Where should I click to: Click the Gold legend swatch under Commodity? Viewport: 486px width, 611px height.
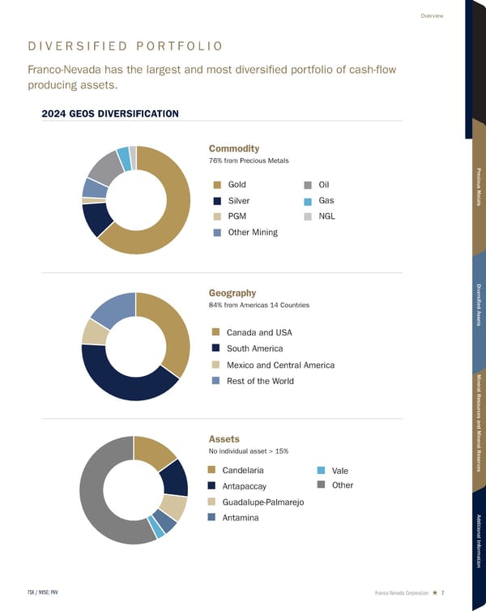(217, 185)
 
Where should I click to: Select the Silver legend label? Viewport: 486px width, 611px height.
(239, 201)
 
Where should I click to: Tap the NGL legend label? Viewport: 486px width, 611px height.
(327, 216)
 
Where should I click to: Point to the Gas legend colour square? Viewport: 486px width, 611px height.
(309, 201)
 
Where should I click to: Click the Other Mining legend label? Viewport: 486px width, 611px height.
(253, 233)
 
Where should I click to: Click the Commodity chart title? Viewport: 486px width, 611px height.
(234, 148)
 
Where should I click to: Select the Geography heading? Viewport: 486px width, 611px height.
(232, 293)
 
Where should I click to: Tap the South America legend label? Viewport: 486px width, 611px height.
(254, 348)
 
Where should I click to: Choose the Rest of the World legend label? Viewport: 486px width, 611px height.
(260, 381)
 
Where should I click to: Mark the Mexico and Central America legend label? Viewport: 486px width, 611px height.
(280, 365)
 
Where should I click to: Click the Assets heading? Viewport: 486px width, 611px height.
(224, 438)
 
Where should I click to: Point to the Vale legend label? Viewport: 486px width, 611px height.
(341, 471)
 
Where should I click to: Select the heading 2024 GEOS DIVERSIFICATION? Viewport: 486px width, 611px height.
(109, 113)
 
